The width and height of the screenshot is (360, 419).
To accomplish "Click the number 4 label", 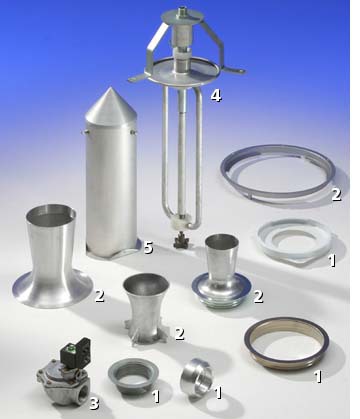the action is [x=216, y=96].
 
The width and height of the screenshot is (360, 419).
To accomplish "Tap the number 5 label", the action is [x=148, y=248].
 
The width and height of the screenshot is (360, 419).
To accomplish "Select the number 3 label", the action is [x=95, y=403].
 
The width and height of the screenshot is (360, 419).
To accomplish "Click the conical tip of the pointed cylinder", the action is [x=111, y=88].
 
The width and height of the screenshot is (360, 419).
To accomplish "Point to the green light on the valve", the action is [x=71, y=349].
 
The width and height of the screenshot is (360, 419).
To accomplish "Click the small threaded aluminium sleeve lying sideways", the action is [x=196, y=378].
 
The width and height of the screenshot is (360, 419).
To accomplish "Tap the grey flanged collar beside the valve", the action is [x=133, y=375].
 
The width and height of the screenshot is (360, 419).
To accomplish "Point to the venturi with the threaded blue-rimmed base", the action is [x=221, y=272].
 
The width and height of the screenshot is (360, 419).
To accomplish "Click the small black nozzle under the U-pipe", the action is [x=181, y=241].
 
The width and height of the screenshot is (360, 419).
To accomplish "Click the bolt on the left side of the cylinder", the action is [x=84, y=132].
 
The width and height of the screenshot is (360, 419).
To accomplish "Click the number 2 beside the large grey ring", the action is [x=336, y=195].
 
